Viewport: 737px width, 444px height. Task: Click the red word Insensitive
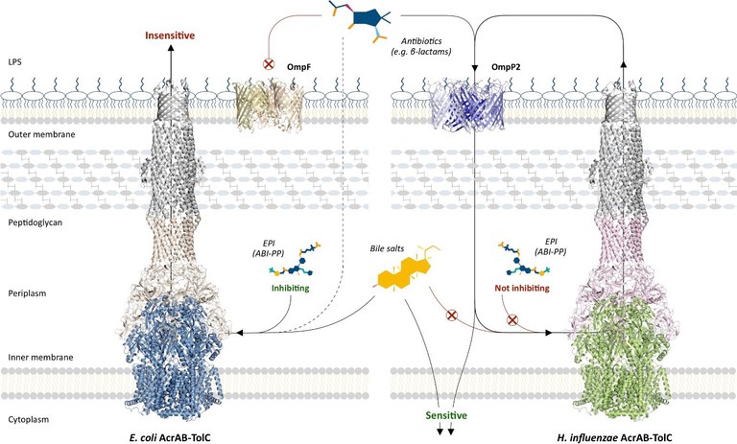172,35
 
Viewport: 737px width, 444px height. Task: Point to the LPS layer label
14,60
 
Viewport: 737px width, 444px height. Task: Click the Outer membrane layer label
32,135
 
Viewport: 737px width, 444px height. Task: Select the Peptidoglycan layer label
30,222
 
